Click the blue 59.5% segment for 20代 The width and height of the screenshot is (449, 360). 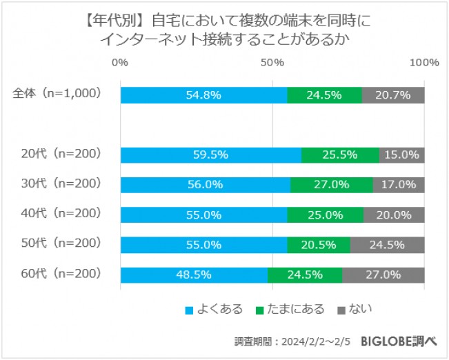tap(210, 155)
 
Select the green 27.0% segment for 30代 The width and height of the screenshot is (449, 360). tap(331, 185)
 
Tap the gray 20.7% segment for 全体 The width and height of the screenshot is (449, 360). tap(393, 95)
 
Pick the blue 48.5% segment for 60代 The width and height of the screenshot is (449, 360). tap(194, 274)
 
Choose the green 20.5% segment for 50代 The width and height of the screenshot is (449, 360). tap(318, 245)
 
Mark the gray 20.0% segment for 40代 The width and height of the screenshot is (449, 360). tap(394, 215)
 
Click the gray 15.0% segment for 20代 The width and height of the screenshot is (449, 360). tap(401, 155)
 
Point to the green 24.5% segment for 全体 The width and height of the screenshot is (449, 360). tap(324, 95)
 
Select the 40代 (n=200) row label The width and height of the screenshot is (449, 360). tap(61, 214)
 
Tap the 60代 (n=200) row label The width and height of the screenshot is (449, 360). tap(61, 274)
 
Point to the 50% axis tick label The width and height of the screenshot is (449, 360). tap(273, 63)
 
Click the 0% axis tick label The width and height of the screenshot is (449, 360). tap(120, 63)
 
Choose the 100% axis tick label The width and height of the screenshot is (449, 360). tap(424, 63)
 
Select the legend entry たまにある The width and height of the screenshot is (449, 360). tap(295, 309)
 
